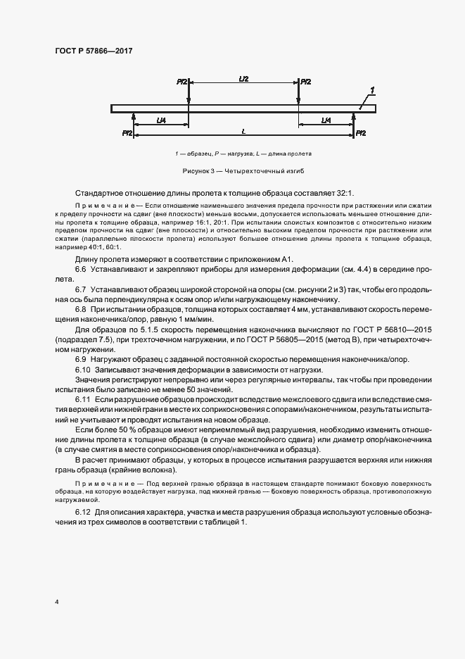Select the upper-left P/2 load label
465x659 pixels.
pyautogui.click(x=181, y=82)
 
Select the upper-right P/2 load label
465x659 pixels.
pyautogui.click(x=306, y=82)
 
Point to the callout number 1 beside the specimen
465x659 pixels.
pyautogui.click(x=372, y=90)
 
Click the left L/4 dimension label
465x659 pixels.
pyautogui.click(x=161, y=120)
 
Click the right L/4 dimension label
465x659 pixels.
pyautogui.click(x=326, y=120)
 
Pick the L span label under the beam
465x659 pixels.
pyautogui.click(x=243, y=131)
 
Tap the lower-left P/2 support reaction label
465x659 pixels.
pyautogui.click(x=127, y=132)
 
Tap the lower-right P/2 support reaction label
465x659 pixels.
pyautogui.click(x=360, y=132)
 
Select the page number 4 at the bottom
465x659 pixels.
pyautogui.click(x=56, y=603)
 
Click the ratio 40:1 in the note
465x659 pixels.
pyautogui.click(x=94, y=247)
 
